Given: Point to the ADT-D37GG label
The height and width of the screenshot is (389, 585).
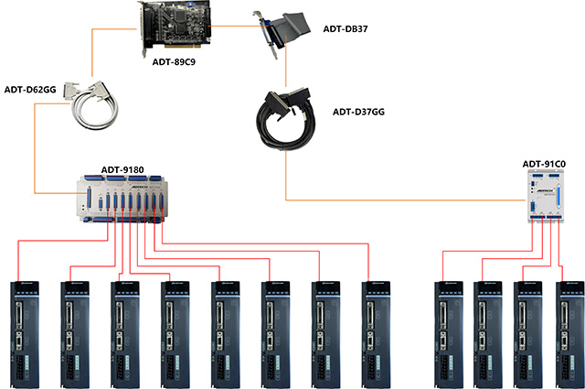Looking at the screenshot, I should [357, 113].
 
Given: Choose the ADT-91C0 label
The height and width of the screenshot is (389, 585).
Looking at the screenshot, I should [546, 165].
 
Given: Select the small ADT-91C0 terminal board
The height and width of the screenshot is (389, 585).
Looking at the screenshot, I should [547, 195].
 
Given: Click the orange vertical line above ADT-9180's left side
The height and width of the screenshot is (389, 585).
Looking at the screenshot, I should [35, 146].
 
